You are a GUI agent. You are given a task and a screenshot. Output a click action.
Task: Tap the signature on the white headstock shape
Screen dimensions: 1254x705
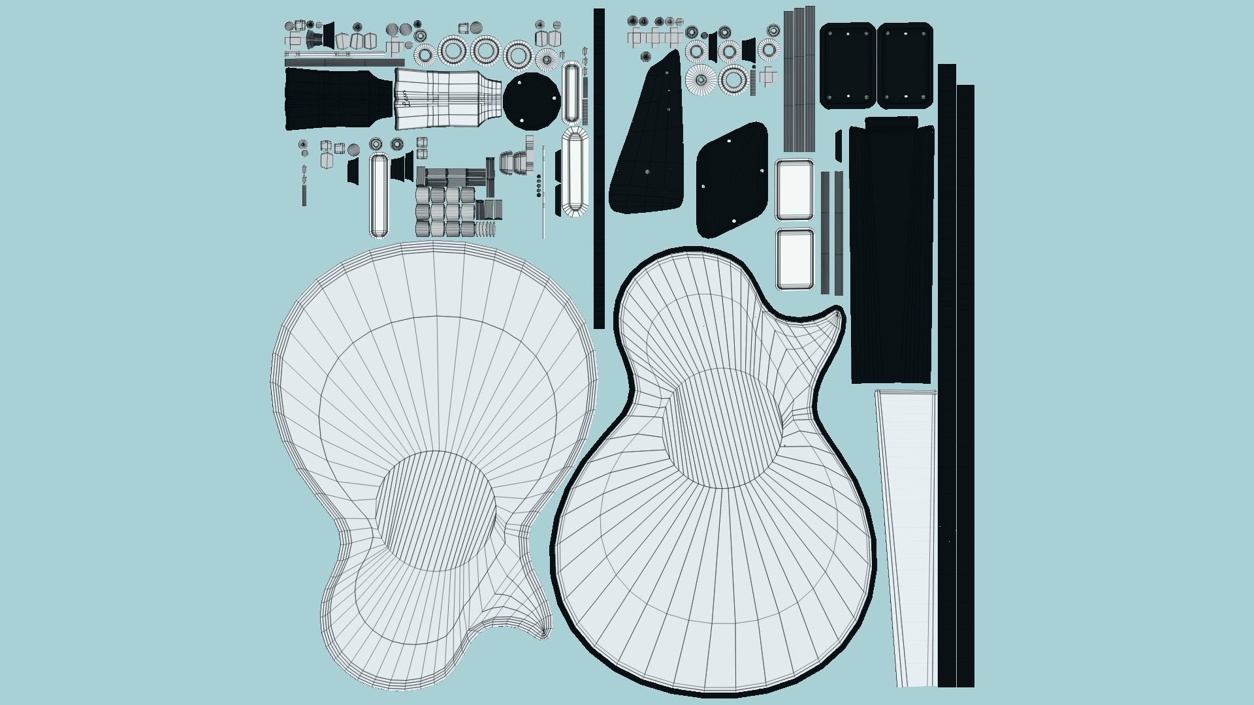[404, 99]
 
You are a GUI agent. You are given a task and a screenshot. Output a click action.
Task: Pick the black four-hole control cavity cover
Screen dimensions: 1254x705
[731, 180]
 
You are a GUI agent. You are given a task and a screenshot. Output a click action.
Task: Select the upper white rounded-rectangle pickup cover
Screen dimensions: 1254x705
[795, 190]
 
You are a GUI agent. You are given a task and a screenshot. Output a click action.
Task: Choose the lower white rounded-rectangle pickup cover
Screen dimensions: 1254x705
[796, 258]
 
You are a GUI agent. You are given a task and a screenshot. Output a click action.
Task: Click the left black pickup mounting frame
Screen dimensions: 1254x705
[848, 65]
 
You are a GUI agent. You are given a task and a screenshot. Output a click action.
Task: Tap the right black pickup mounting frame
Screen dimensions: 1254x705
[905, 65]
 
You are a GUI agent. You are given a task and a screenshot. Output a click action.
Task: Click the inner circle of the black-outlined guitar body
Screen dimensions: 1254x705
[722, 428]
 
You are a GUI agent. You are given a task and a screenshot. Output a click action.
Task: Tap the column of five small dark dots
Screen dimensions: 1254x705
[538, 185]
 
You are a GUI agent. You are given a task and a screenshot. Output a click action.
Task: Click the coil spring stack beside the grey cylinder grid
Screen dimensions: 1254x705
[486, 228]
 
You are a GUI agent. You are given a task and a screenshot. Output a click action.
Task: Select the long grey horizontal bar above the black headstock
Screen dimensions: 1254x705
[344, 63]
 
